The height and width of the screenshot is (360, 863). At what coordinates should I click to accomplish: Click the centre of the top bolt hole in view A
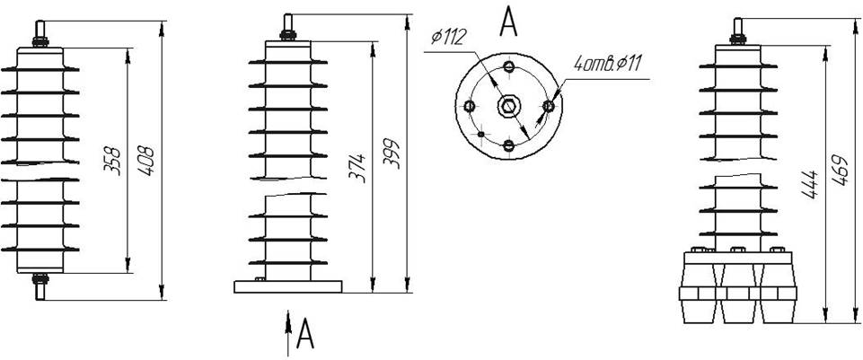pos(509,67)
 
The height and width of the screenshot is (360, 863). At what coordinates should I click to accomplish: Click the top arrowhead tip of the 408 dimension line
pos(162,22)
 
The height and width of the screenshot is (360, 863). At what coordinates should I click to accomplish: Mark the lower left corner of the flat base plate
pos(234,293)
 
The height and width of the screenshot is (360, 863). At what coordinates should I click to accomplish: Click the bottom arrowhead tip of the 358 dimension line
pos(128,273)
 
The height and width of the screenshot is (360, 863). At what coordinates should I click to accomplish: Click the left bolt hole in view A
pos(470,106)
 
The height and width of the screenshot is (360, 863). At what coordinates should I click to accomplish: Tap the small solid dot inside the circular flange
pos(481,134)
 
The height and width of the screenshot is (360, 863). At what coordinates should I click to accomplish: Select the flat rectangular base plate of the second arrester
pos(288,286)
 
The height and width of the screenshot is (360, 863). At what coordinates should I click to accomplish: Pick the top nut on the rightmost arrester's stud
pos(737,39)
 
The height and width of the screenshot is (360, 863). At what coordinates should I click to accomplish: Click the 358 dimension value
pos(112,160)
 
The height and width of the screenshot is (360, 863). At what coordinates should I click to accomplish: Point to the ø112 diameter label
pos(449,37)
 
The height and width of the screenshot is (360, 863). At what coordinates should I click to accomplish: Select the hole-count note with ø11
pos(607,65)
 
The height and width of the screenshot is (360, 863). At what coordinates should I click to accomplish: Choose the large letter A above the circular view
pos(508,22)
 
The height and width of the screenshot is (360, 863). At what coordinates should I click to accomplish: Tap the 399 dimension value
pos(392,155)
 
